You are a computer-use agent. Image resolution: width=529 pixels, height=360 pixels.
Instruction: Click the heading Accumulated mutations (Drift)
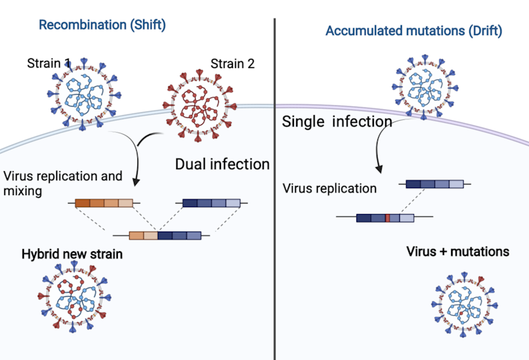(413, 32)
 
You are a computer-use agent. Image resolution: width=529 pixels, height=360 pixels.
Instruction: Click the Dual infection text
(222, 165)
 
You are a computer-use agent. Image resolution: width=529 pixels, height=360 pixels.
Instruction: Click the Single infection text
(337, 121)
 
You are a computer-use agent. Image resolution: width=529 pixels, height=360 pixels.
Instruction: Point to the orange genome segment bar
(104, 204)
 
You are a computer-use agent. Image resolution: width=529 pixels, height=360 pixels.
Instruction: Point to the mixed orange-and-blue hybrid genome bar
(165, 236)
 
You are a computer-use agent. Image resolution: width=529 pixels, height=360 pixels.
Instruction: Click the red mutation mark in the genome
(387, 218)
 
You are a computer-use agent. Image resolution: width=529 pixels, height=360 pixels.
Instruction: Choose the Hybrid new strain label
(72, 254)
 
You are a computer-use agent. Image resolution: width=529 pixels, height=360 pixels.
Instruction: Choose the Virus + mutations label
(457, 251)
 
